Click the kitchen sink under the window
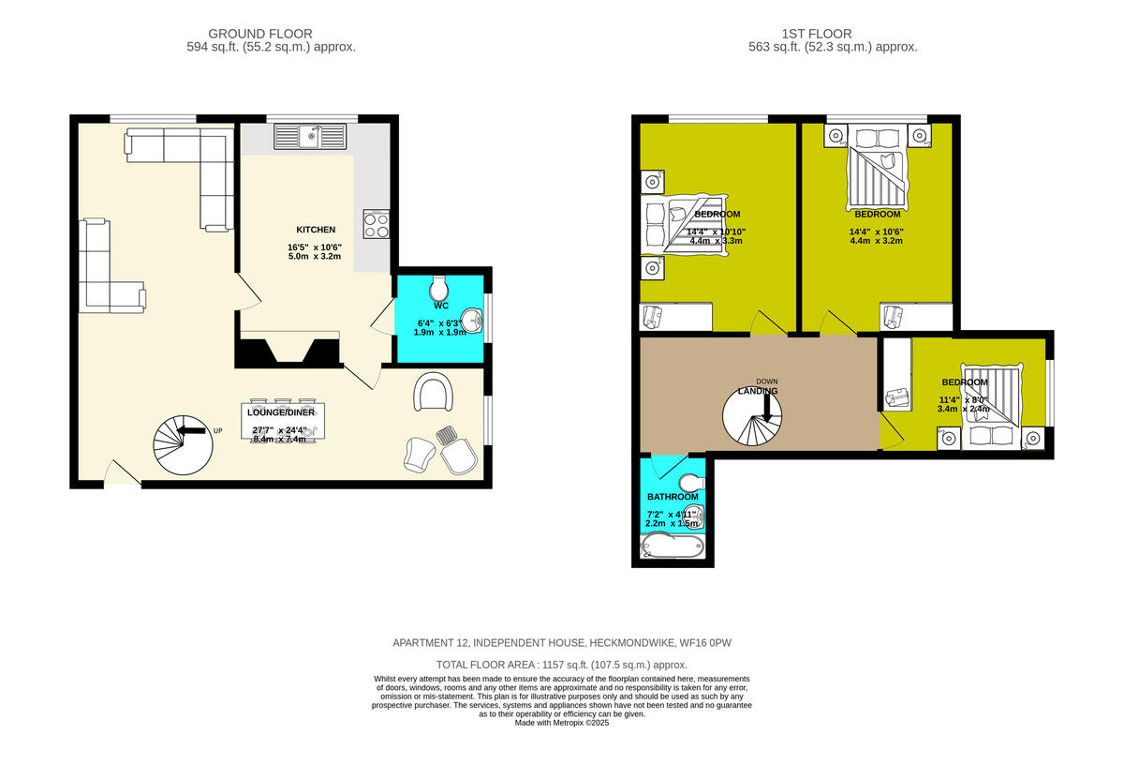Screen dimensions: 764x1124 309,137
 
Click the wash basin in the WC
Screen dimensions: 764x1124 475,322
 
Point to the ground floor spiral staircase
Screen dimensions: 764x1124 183,444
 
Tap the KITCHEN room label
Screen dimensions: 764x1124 316,230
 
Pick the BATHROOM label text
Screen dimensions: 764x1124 673,497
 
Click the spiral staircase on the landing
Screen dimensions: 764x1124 757,418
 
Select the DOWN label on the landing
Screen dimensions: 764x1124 766,382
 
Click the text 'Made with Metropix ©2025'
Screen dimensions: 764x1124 562,722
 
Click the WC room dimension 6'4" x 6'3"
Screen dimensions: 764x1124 440,324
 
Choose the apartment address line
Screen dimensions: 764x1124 562,643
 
